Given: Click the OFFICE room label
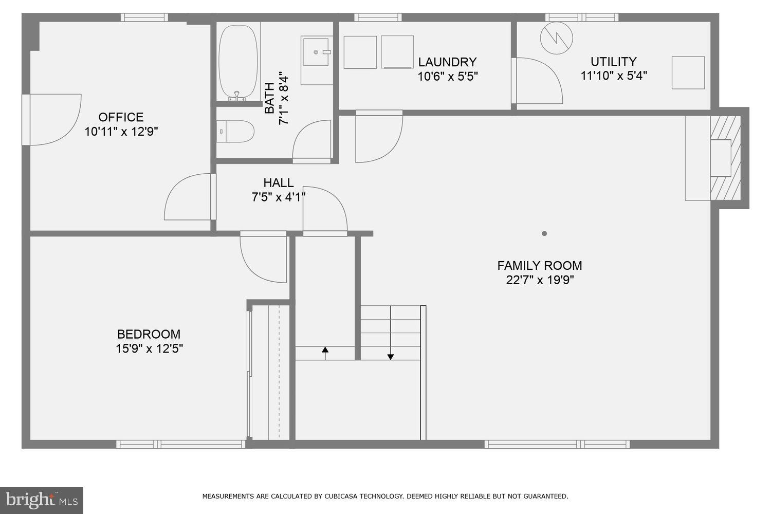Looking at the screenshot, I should (x=121, y=117).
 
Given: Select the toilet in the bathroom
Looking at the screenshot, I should (x=235, y=132).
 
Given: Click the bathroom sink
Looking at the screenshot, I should (x=317, y=52).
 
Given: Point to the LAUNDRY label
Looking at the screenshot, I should (x=447, y=62).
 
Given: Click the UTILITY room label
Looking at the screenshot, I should (x=613, y=62).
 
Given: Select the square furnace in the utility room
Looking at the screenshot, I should (x=688, y=72).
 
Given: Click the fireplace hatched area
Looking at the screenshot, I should (x=725, y=158).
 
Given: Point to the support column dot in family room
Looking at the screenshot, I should (x=544, y=233).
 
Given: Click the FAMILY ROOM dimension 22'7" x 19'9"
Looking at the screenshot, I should (x=539, y=280).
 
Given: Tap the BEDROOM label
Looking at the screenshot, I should (x=149, y=334).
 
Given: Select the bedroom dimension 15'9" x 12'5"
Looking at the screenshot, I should (x=149, y=348).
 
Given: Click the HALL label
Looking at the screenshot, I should (x=278, y=182).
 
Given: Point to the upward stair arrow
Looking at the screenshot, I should (x=325, y=352).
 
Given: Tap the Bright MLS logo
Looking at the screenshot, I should (x=42, y=500).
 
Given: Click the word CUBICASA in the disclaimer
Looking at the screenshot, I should (x=344, y=497).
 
